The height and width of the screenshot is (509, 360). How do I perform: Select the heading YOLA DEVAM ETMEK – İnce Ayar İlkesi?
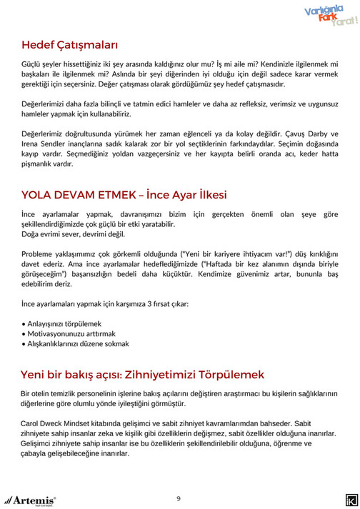point(124,195)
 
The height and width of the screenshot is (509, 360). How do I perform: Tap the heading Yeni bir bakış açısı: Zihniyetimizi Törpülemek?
point(142,374)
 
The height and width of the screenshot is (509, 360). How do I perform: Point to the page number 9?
point(179,498)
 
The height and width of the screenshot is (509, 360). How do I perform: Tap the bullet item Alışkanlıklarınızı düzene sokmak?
point(77,343)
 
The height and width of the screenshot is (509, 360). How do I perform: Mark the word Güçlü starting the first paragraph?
point(32,64)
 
